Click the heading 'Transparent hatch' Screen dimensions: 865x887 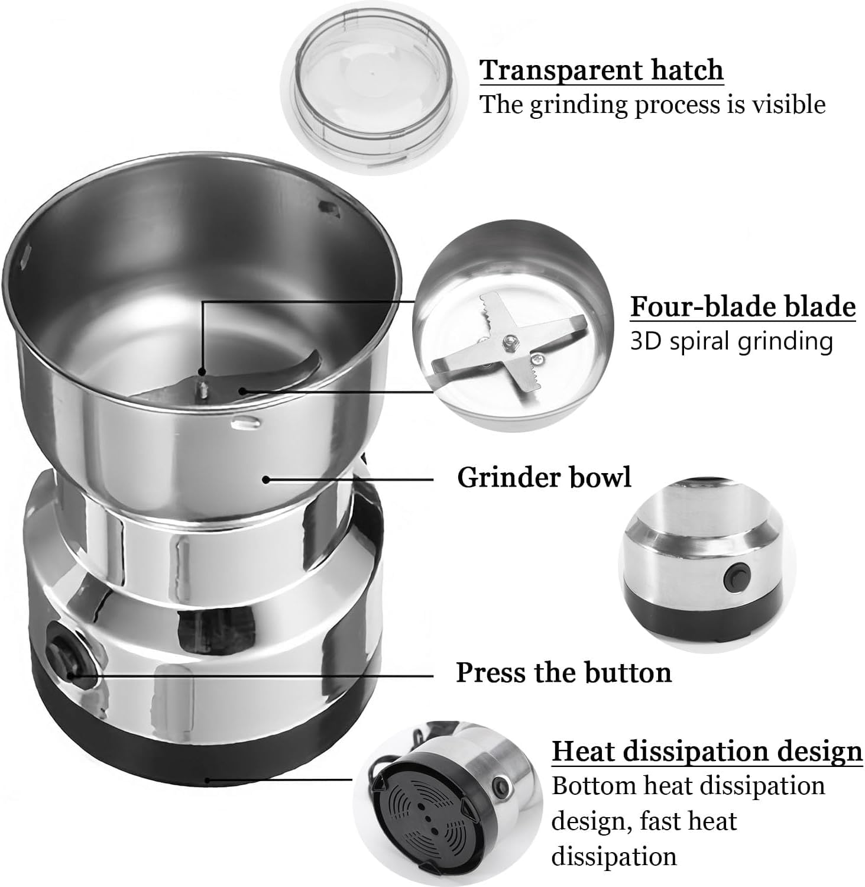coord(601,70)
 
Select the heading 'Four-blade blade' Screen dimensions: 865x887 coord(743,307)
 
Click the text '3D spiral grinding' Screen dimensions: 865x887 coord(731,341)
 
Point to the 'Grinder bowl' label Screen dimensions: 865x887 coord(544,477)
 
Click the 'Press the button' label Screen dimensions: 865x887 coord(563,672)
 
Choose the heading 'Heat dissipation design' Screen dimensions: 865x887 coord(707,751)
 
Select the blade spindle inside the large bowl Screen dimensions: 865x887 coord(202,387)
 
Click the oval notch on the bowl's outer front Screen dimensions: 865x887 coord(246,422)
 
